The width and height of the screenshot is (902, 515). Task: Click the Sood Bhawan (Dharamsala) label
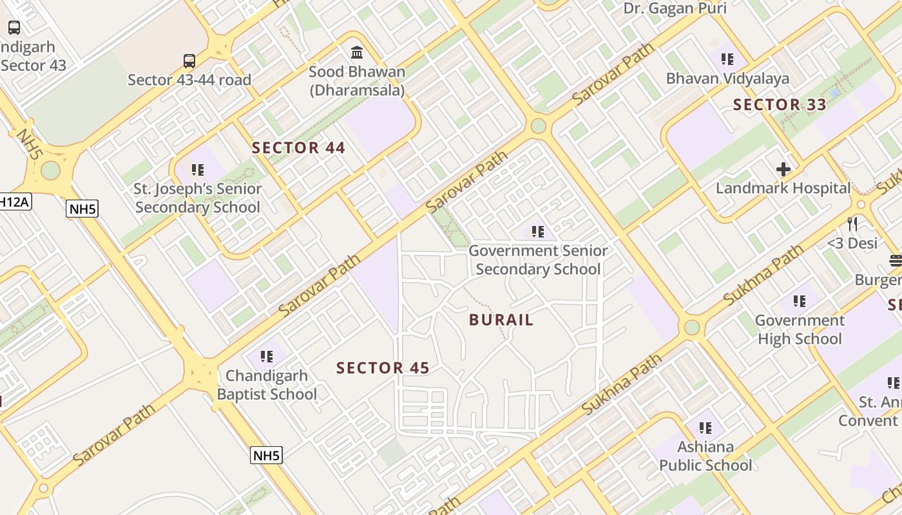tap(357, 80)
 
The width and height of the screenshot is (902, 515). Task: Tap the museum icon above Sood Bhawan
tap(357, 51)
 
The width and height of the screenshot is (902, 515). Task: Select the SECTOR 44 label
tap(298, 148)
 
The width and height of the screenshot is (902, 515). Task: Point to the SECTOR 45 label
tap(383, 368)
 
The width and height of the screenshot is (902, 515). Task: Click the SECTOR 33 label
tap(780, 105)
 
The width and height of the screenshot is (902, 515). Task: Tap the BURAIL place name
tap(501, 320)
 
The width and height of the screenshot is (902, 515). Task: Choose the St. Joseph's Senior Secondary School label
tap(198, 198)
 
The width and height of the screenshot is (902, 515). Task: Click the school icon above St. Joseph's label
tap(198, 170)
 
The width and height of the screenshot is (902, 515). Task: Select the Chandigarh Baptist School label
tap(267, 385)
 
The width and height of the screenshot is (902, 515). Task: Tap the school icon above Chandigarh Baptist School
tap(267, 356)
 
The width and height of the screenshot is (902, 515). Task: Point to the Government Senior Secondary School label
tap(538, 260)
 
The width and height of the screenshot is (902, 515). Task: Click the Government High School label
tap(800, 330)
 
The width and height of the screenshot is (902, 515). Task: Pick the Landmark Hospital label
tap(783, 189)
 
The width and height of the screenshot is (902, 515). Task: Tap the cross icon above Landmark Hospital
tap(783, 169)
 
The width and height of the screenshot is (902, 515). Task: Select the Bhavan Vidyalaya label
tap(727, 79)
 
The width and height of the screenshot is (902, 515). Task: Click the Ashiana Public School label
tap(705, 456)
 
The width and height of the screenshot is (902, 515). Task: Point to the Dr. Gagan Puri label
tap(675, 8)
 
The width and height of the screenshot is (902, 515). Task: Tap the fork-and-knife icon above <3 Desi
tap(852, 223)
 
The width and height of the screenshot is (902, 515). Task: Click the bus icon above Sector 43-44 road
tap(189, 61)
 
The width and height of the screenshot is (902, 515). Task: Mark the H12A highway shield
tap(14, 202)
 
